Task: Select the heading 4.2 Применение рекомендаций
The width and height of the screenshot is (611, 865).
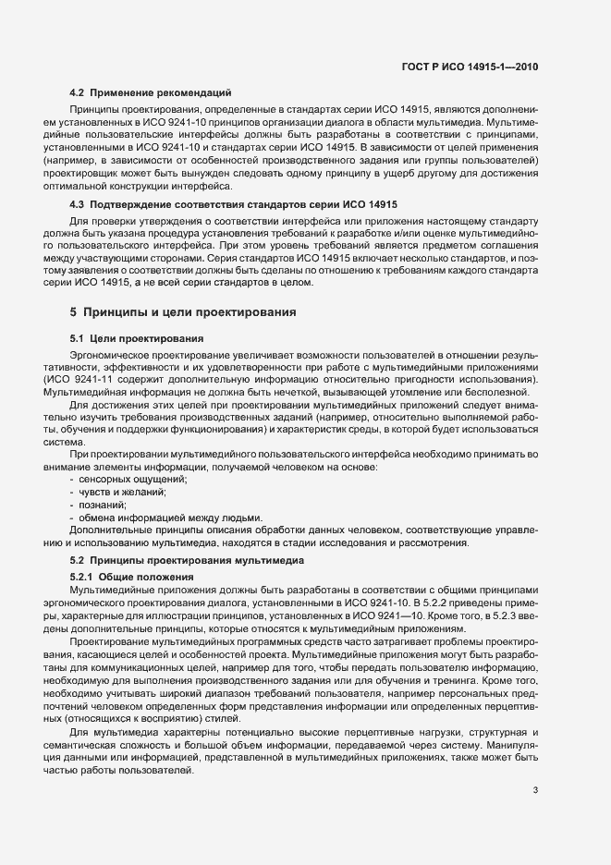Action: point(151,92)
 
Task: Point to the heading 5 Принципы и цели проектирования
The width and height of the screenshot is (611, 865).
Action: point(183,312)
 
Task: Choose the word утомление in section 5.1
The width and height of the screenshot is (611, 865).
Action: point(437,396)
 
